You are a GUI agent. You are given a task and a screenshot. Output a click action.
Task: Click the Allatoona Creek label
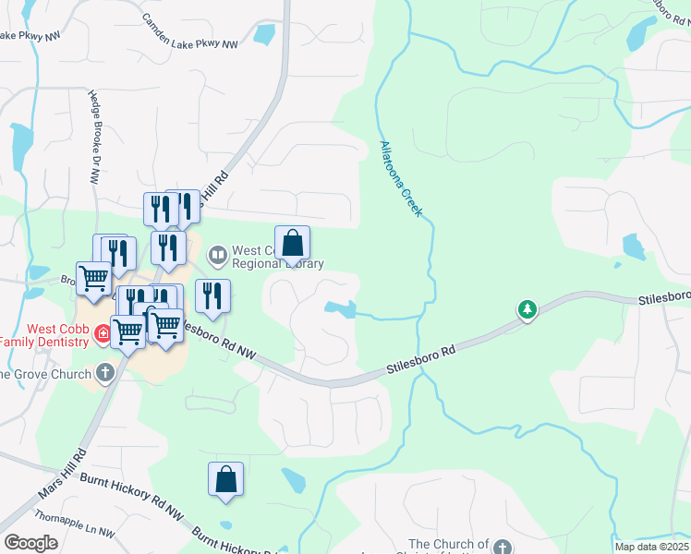coord(401,179)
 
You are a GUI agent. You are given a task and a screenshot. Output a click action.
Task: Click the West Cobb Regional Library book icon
coord(218,253)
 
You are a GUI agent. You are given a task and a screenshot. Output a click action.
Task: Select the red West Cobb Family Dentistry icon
coord(103,332)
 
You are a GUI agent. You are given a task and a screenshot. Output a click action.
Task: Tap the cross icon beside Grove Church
coord(105,373)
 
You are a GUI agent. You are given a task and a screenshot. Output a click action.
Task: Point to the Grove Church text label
coord(46,374)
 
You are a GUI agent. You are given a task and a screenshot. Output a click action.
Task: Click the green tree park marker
coord(527,308)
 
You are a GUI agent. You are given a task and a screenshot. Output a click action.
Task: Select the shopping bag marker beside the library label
coord(292,244)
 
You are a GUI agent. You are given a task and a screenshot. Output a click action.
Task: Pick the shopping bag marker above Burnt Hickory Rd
coord(225,479)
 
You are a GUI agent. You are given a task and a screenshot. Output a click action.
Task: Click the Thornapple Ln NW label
coord(73,524)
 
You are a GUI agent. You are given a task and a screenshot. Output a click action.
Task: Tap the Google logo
coord(30,544)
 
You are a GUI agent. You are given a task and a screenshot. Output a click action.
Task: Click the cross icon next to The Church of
coord(502,546)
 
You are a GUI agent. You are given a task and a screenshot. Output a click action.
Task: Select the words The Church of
coord(449,545)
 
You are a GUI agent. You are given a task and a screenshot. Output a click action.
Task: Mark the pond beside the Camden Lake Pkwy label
coord(264,34)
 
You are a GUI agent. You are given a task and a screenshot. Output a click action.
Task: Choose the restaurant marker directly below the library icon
coord(213,296)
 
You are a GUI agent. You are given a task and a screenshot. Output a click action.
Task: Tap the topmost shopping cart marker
coord(93,278)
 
